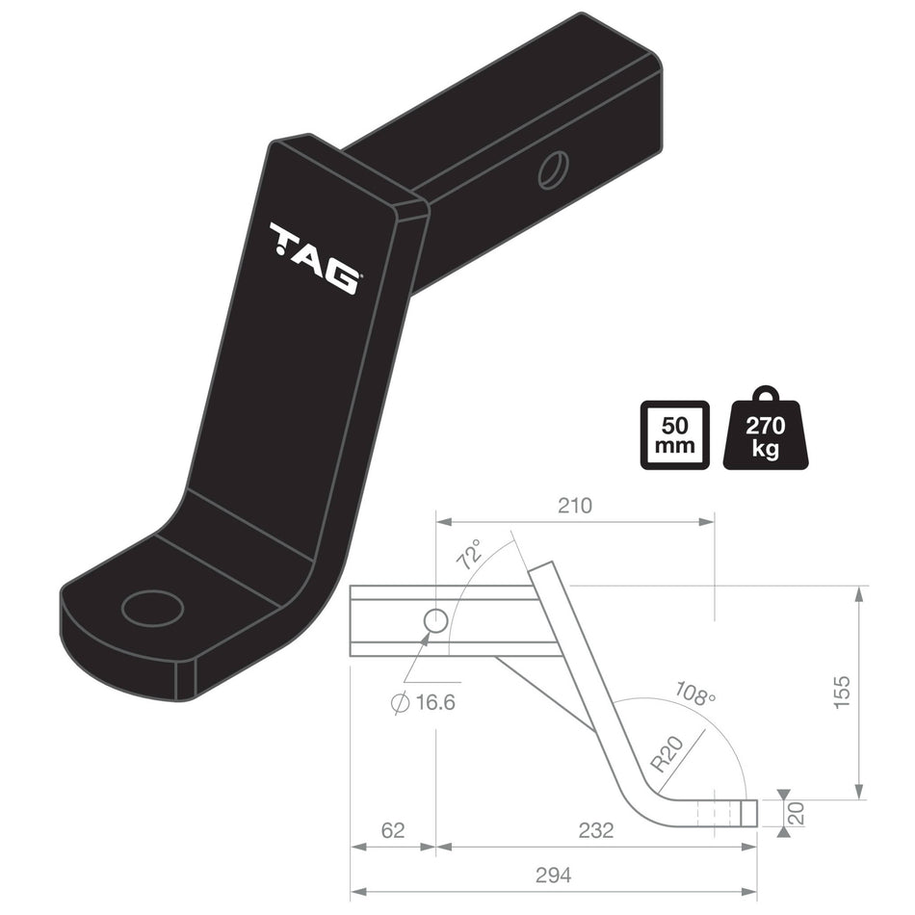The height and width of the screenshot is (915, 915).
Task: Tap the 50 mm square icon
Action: tap(674, 434)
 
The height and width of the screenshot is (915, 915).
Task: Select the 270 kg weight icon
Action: tap(766, 431)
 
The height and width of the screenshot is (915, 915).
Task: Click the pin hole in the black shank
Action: tap(553, 170)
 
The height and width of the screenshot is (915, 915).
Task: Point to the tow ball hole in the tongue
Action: tap(152, 608)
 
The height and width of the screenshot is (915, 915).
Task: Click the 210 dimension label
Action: tap(575, 506)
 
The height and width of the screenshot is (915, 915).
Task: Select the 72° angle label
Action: tap(470, 556)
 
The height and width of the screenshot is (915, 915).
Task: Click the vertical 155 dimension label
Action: tap(841, 693)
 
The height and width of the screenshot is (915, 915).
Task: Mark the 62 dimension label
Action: tap(392, 830)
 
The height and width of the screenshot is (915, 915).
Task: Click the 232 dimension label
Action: tap(596, 830)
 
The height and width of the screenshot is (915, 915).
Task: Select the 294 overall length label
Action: tap(554, 875)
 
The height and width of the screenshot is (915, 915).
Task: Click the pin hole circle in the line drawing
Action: tap(436, 620)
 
